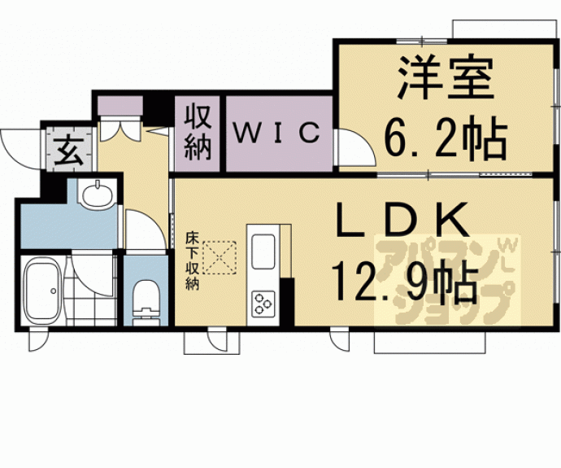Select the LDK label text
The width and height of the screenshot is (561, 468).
(402, 221)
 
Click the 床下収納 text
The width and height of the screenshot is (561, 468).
(192, 261)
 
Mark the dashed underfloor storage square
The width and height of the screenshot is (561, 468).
(219, 257)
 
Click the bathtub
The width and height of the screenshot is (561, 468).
(41, 292)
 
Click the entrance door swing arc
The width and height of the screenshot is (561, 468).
(18, 147)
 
